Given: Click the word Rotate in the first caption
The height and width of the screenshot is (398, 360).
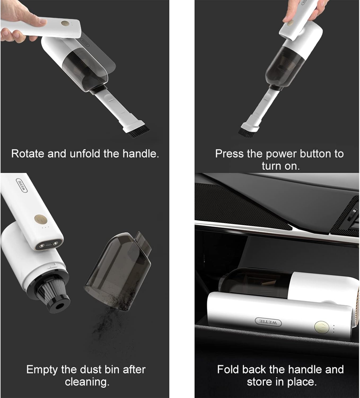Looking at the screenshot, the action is [28, 154].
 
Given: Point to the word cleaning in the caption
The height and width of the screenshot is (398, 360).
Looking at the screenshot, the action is [87, 382].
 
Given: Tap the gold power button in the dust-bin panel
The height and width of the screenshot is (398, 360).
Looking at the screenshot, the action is [41, 219].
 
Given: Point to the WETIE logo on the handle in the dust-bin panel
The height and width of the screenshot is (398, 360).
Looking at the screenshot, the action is [22, 185].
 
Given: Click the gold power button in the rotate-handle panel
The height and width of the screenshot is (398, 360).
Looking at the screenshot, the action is [64, 23].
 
